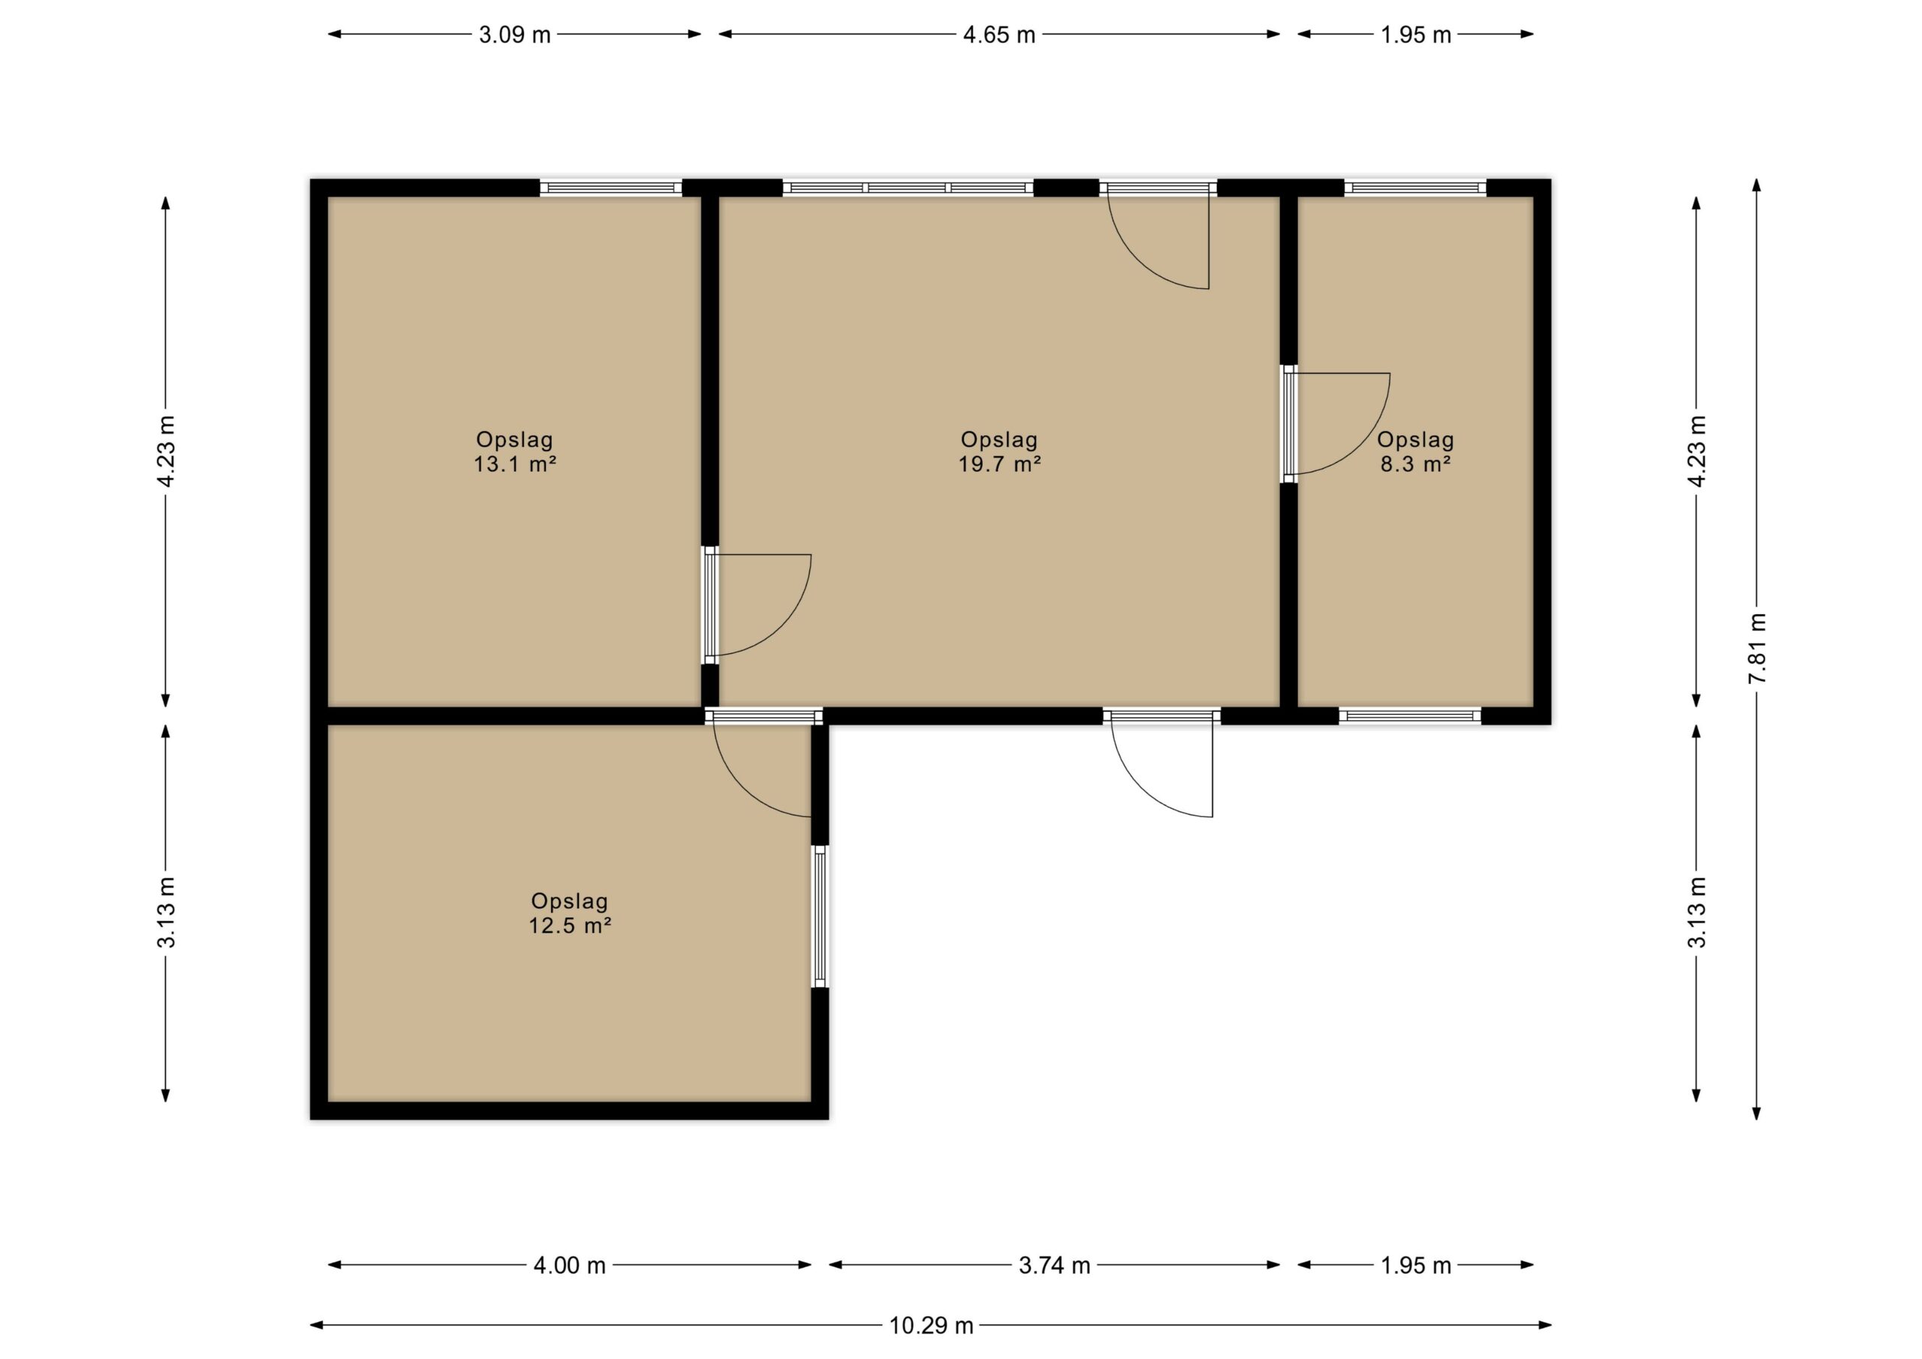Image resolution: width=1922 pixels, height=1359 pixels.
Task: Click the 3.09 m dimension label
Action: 514,35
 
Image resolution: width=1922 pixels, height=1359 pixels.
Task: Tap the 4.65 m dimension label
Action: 999,35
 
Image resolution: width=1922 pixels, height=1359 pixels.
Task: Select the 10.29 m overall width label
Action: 931,1325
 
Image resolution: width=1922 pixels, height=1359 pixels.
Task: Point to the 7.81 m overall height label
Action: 1757,648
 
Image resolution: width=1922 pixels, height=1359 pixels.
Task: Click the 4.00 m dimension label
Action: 569,1265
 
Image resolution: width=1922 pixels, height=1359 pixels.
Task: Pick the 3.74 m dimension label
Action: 1054,1265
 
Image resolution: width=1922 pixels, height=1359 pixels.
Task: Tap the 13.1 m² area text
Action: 515,464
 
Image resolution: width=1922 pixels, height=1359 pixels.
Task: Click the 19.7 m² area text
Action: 999,464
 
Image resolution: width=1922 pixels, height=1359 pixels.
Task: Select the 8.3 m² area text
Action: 1414,464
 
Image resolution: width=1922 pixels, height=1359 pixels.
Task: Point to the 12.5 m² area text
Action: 569,925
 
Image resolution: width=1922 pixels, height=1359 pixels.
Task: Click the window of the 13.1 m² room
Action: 611,188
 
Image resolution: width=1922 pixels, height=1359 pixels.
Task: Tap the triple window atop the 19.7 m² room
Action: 908,188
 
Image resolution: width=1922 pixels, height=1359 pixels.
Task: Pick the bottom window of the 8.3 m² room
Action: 1411,716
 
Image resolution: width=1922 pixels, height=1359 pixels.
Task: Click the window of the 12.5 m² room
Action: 820,917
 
